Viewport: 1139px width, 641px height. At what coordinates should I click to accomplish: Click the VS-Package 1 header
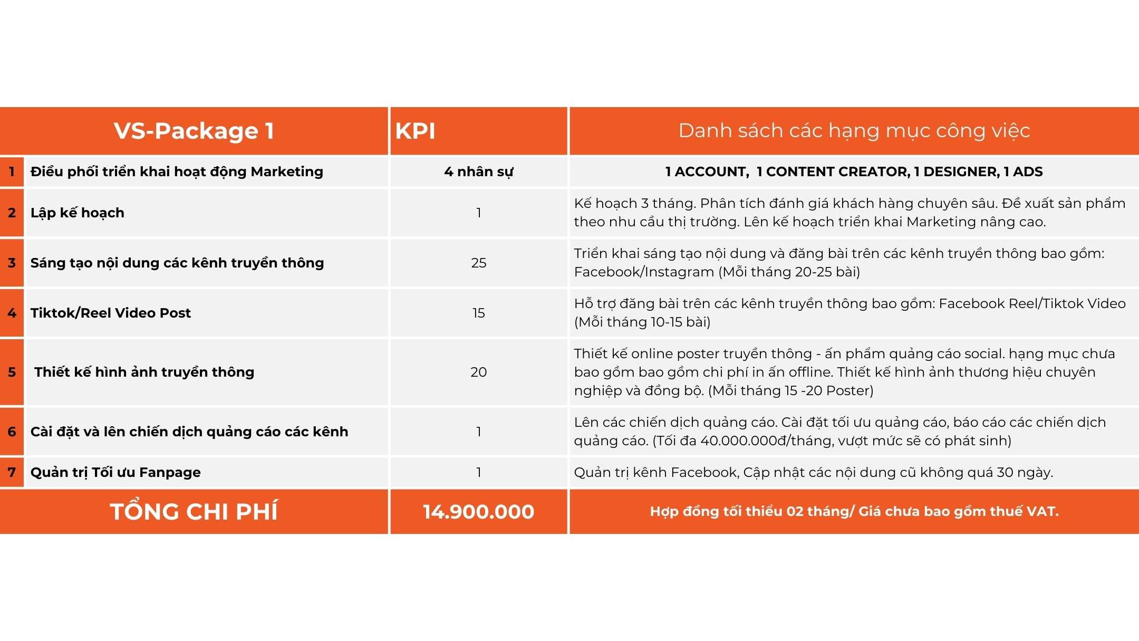[194, 131]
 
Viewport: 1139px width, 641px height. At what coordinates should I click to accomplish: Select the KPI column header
[416, 131]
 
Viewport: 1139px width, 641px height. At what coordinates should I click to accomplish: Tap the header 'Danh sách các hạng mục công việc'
[854, 131]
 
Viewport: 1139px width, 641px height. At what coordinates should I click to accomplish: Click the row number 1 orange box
[12, 171]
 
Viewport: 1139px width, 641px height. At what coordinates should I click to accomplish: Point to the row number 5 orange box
[12, 372]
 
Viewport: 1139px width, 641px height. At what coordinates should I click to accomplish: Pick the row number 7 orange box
[12, 472]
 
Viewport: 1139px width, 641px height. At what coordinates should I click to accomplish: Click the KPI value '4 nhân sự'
[478, 171]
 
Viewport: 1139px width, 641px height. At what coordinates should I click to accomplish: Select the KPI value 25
[478, 263]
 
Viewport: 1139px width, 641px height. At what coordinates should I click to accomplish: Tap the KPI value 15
[478, 313]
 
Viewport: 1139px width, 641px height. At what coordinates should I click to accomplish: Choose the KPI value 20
[478, 372]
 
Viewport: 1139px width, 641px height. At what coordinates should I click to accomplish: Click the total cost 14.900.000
[478, 511]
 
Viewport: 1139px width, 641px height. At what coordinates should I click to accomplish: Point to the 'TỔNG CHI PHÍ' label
[194, 511]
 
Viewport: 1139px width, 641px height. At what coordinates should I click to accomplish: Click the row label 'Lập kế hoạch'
[78, 213]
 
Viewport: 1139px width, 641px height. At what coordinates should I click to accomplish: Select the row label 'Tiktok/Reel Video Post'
[111, 313]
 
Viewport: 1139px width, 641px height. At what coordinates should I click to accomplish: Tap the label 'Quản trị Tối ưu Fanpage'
[115, 472]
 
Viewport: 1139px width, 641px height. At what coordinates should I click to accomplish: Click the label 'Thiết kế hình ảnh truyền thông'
[144, 372]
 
